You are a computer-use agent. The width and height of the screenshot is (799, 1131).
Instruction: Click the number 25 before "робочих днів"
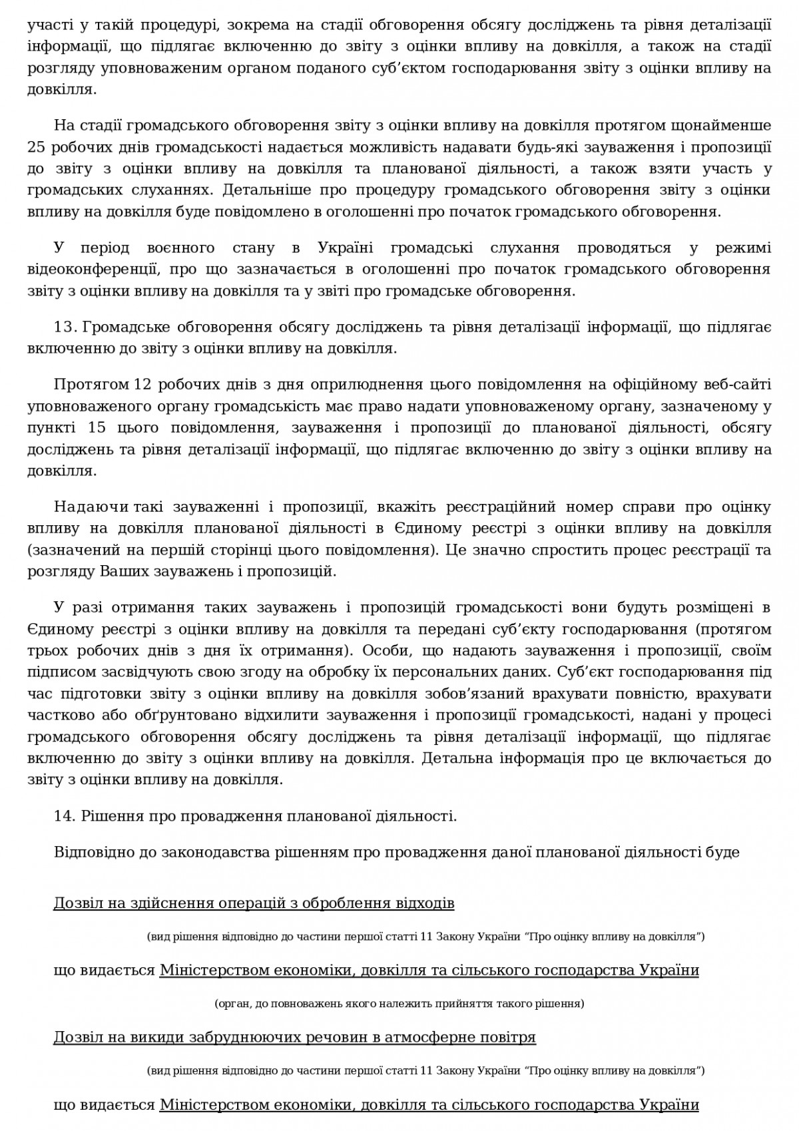click(x=37, y=147)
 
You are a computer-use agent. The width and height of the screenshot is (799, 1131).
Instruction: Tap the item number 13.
click(x=65, y=327)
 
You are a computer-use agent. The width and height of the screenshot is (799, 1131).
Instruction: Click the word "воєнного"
click(x=180, y=248)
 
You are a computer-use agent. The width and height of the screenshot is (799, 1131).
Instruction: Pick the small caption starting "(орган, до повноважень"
click(x=400, y=1003)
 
